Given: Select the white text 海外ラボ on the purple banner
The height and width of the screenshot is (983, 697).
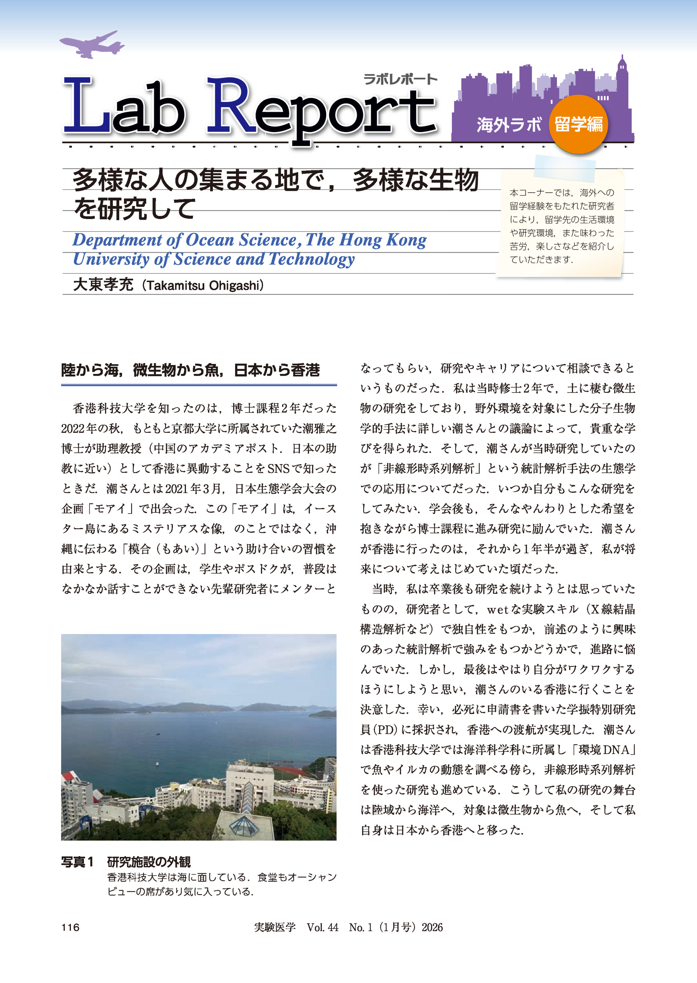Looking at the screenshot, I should [x=509, y=125].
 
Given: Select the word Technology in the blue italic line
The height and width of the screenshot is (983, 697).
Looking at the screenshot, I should [x=312, y=259].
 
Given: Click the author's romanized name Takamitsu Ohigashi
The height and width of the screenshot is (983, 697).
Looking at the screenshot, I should [x=203, y=285].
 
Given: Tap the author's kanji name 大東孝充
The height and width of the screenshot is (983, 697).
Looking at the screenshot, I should [x=103, y=285].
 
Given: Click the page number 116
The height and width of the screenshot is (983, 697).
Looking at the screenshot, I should [x=71, y=927].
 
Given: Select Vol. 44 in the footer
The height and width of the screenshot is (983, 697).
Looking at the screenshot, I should [x=322, y=927].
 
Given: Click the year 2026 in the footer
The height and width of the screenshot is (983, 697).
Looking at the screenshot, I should [x=432, y=927].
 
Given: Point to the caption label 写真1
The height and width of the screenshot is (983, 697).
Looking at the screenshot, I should [x=77, y=862].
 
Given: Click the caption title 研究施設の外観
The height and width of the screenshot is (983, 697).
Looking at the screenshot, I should [x=148, y=862].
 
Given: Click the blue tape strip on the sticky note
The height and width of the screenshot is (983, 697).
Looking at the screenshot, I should [x=565, y=166].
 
